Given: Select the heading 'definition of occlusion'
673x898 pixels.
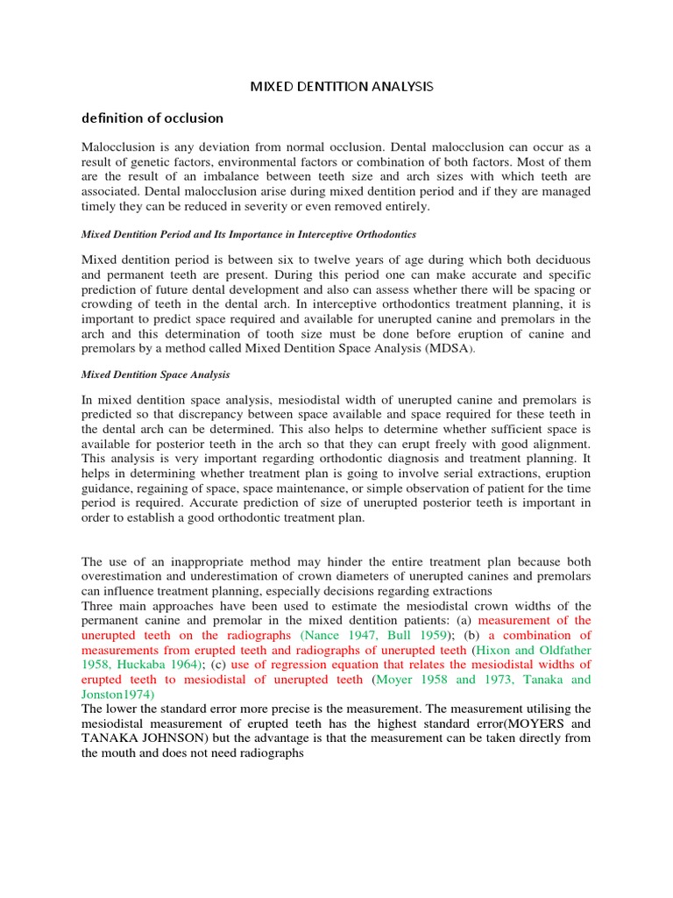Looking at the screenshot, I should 152,118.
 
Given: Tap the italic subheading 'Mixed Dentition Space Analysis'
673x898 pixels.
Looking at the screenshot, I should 155,374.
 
